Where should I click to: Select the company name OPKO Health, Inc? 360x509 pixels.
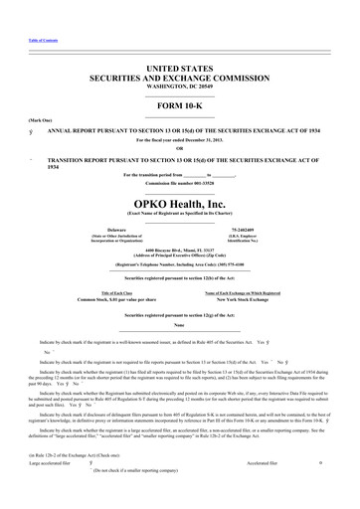[179, 205]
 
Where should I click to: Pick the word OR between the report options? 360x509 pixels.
[179, 149]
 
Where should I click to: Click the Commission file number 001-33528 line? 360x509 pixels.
[179, 184]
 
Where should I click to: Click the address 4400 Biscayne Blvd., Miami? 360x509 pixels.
[179, 251]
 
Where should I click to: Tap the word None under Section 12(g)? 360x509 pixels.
[179, 325]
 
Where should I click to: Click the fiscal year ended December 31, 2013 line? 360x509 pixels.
[179, 140]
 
